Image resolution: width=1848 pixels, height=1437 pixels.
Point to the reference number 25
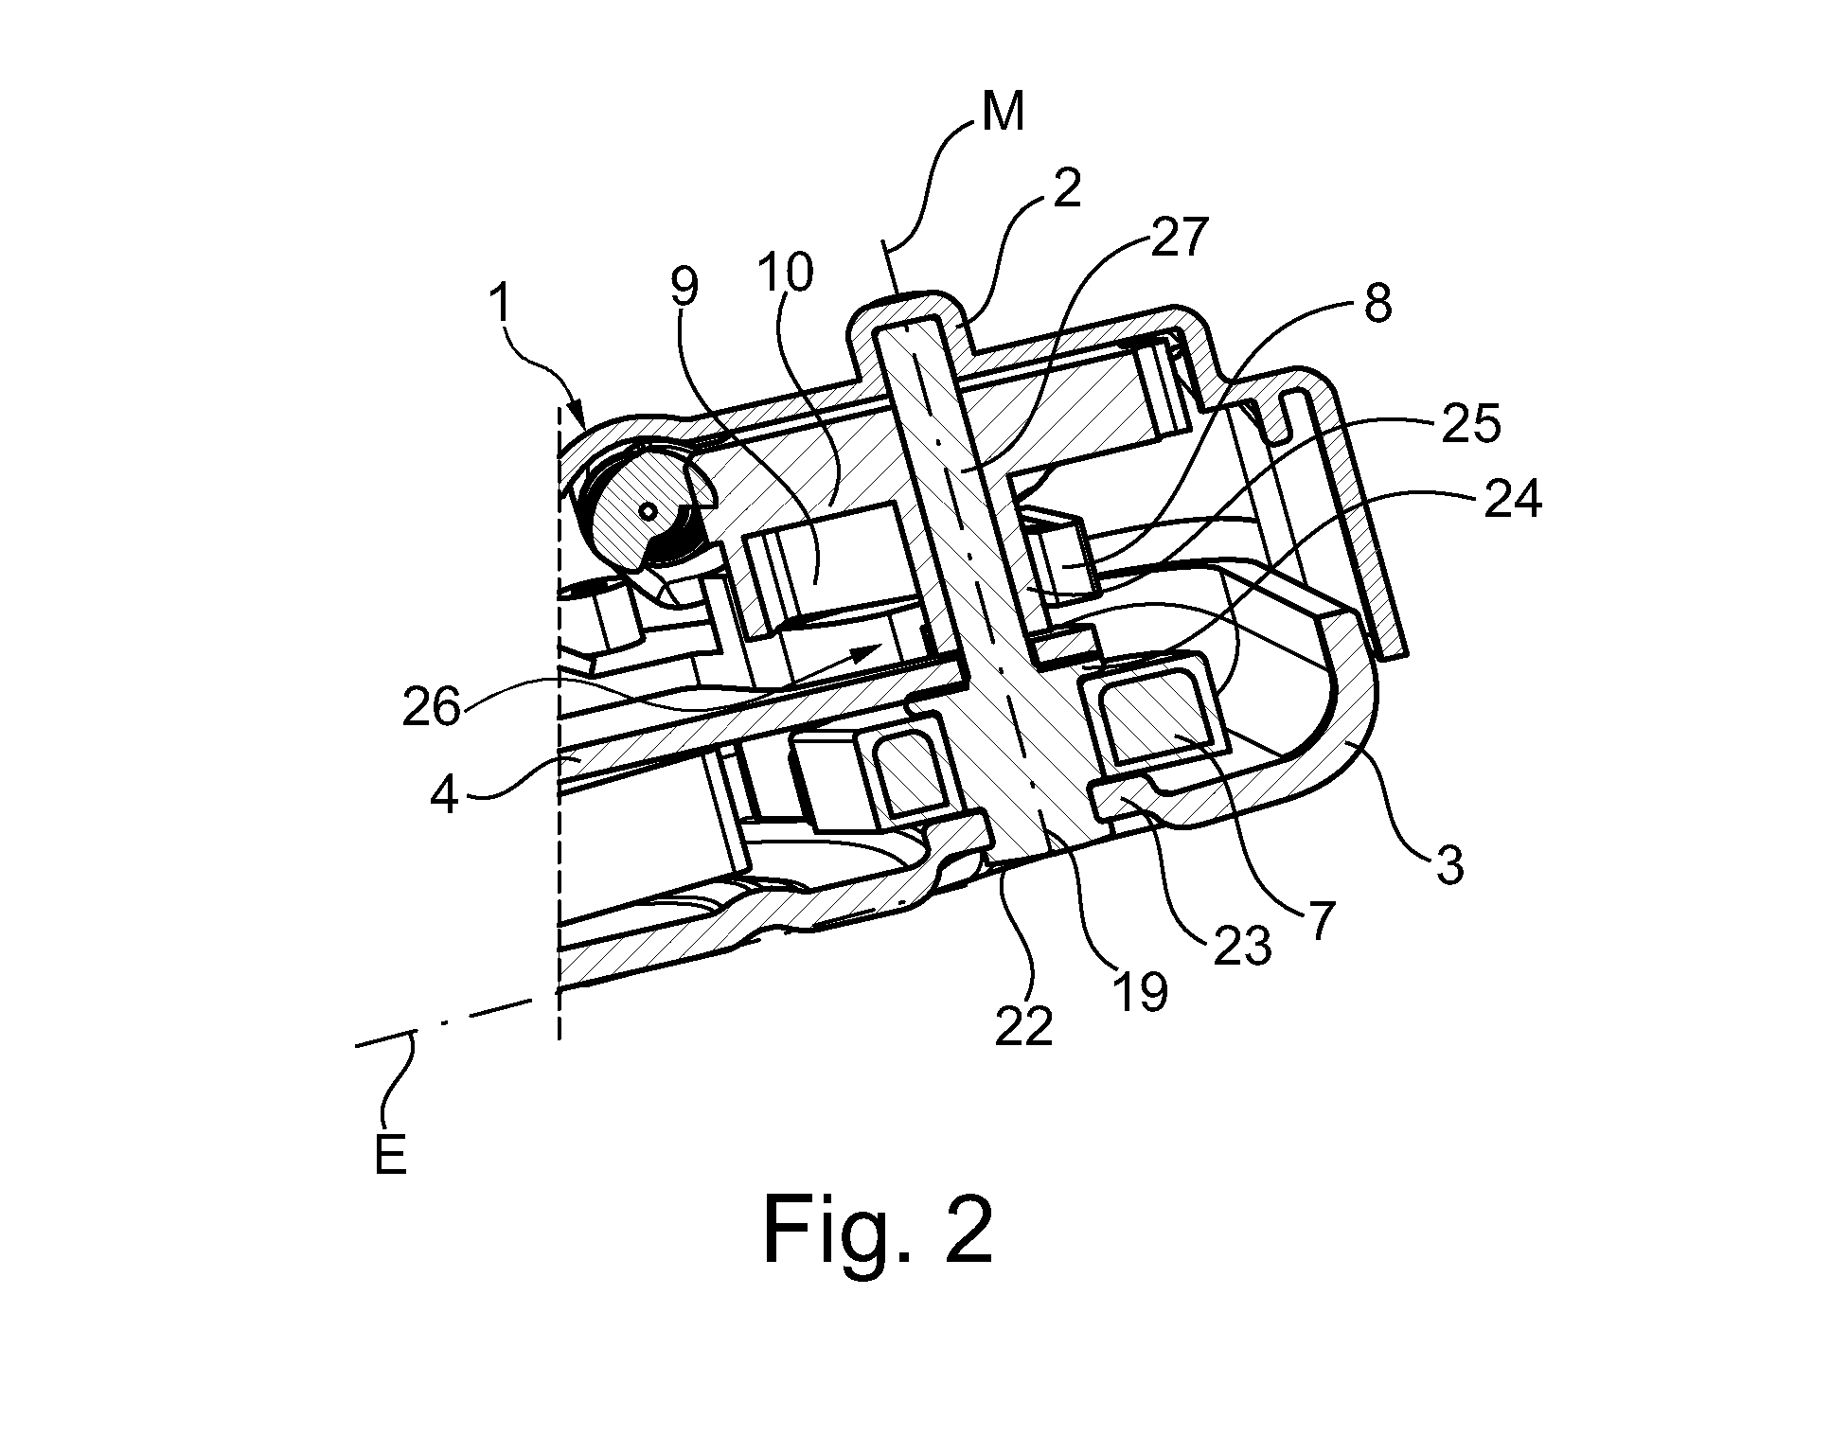click(x=1471, y=425)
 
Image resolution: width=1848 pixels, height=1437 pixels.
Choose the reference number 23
click(x=1241, y=947)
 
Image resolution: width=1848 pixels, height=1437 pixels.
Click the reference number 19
click(x=1141, y=991)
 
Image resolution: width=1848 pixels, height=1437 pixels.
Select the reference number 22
click(x=1024, y=1025)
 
